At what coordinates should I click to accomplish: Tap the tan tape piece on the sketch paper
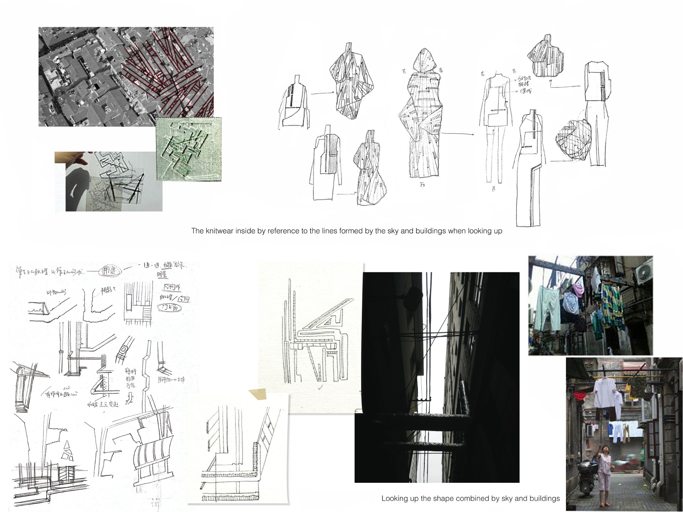(x=259, y=394)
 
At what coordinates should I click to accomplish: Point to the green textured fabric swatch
(x=189, y=149)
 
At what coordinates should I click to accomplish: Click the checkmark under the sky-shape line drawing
(x=321, y=388)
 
